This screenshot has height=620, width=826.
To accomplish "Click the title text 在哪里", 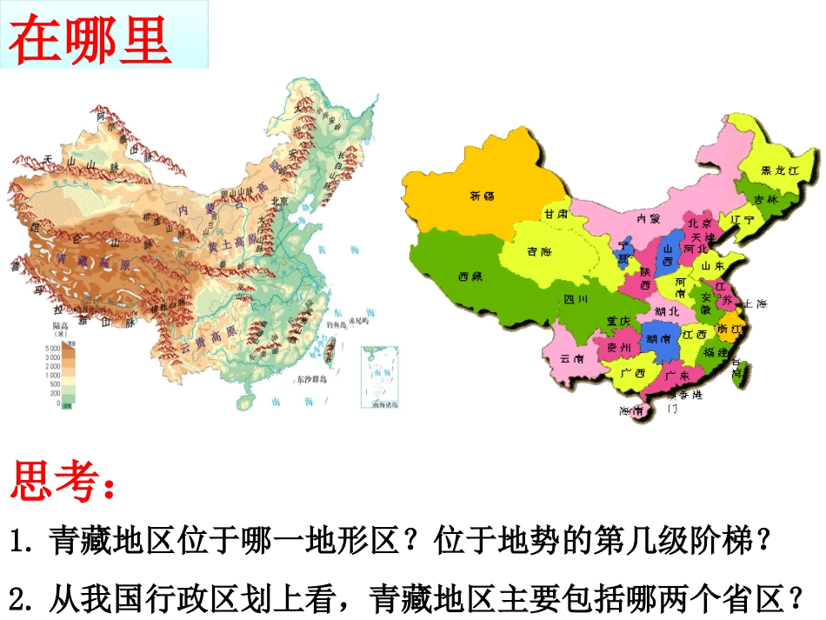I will pyautogui.click(x=90, y=38).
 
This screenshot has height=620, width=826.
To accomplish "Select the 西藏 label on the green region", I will pyautogui.click(x=470, y=277).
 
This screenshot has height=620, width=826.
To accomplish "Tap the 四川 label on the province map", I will pyautogui.click(x=576, y=299).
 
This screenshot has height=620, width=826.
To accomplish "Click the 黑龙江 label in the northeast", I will pyautogui.click(x=779, y=170).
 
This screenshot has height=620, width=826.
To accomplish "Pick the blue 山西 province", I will pyautogui.click(x=669, y=248).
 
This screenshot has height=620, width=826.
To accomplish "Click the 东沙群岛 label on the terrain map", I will pyautogui.click(x=310, y=380).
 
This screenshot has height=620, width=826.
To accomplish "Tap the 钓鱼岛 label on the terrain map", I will pyautogui.click(x=337, y=324).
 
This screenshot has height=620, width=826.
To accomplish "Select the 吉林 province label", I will pyautogui.click(x=764, y=199).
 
